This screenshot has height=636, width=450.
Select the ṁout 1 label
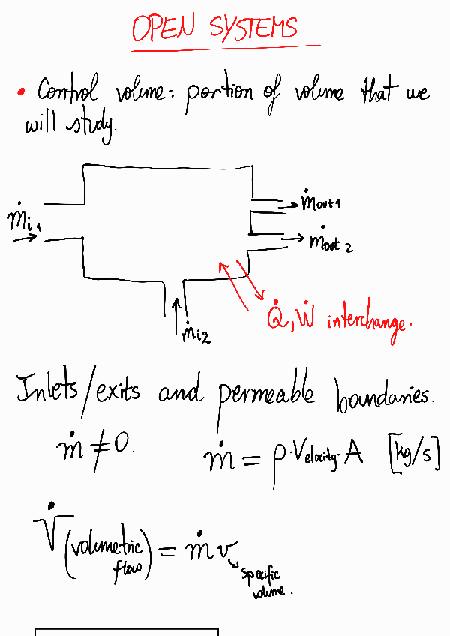click(321, 201)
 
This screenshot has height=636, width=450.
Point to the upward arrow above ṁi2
click(177, 314)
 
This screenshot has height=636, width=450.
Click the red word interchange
click(367, 322)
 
